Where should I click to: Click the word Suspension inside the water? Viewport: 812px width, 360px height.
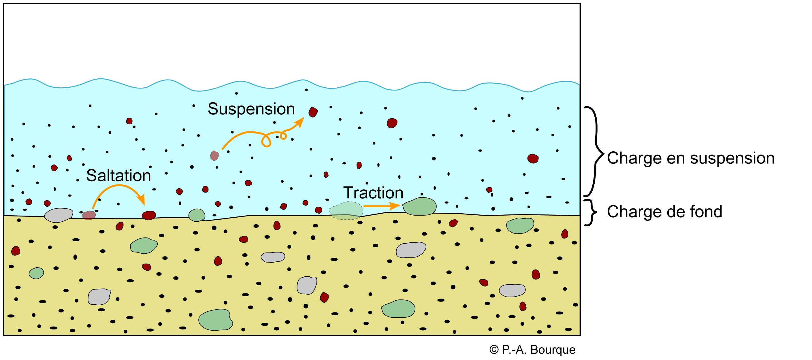click(251, 109)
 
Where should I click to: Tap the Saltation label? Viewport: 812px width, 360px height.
click(118, 176)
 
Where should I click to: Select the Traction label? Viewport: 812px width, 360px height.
click(373, 193)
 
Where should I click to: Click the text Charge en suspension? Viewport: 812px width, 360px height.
click(691, 158)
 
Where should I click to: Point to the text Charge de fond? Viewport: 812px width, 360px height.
click(664, 212)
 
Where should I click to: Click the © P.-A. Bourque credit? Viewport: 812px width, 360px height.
click(532, 350)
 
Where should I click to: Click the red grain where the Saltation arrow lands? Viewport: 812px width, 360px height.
click(149, 215)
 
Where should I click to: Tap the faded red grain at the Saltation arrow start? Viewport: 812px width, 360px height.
click(89, 215)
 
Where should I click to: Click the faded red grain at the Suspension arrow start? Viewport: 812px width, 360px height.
click(215, 155)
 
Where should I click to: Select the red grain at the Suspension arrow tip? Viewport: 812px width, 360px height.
click(313, 112)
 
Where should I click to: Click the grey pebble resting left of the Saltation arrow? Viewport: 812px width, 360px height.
click(59, 215)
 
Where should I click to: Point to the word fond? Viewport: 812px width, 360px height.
click(706, 212)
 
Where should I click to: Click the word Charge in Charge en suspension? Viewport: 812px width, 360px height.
click(634, 158)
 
